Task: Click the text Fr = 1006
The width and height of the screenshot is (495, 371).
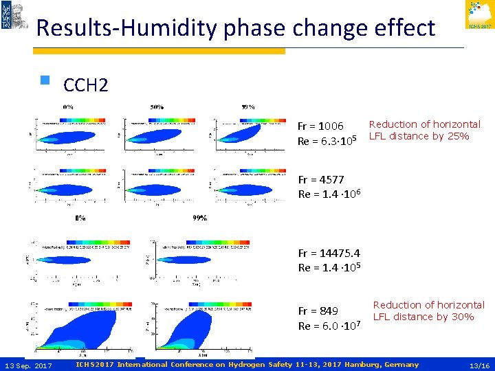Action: click(x=320, y=126)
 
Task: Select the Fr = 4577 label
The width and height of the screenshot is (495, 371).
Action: click(x=320, y=180)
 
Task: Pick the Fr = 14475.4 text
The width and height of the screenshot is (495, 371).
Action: click(x=329, y=253)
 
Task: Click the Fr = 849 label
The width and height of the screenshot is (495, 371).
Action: click(x=318, y=311)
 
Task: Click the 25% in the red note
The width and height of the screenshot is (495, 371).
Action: click(x=456, y=136)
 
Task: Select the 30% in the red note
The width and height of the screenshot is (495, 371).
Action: click(x=461, y=317)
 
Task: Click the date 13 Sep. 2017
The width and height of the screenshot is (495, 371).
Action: click(x=28, y=365)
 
